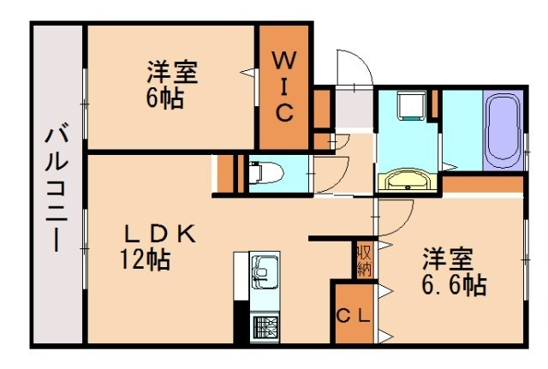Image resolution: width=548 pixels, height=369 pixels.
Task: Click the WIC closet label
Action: [284, 86]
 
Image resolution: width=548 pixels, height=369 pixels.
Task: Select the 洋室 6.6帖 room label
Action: [452, 271]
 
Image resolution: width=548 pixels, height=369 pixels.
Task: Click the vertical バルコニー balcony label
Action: [57, 188]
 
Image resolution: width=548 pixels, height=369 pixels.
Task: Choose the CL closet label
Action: [353, 316]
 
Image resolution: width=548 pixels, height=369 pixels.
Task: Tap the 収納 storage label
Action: [363, 260]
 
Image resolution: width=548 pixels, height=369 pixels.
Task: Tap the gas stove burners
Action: [264, 328]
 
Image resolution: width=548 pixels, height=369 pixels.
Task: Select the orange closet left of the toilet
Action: [225, 173]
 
